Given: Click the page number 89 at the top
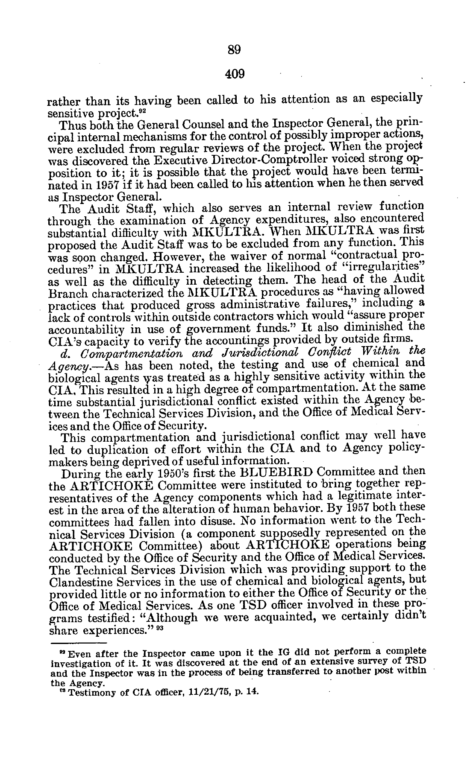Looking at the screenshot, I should coord(235,50).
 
